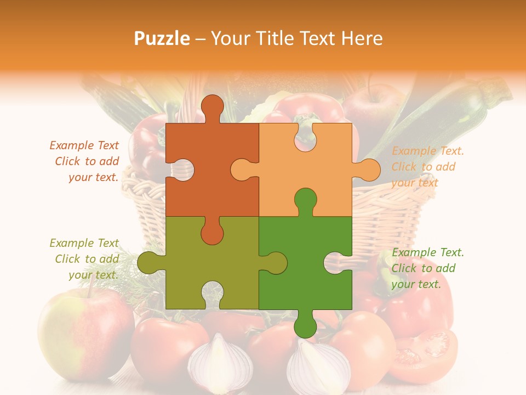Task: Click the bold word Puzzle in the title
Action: (x=162, y=38)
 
